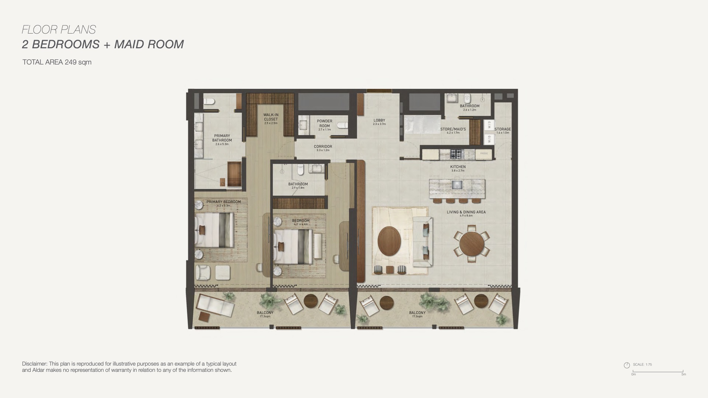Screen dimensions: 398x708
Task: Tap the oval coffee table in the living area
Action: pyautogui.click(x=389, y=241)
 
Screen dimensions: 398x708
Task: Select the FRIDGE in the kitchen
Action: pyautogui.click(x=484, y=154)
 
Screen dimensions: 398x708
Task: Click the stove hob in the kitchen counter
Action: pyautogui.click(x=457, y=154)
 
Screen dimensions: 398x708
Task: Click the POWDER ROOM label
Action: pyautogui.click(x=324, y=123)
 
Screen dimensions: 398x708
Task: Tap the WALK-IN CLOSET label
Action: pyautogui.click(x=271, y=117)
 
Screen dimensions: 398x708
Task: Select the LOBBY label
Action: pyautogui.click(x=379, y=121)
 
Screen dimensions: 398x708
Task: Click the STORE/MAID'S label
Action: pyautogui.click(x=453, y=129)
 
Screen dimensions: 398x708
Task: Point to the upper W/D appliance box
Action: pyautogui.click(x=489, y=124)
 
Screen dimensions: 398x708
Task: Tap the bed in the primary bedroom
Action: pyautogui.click(x=214, y=230)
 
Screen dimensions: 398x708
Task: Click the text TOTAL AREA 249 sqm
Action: pyautogui.click(x=57, y=62)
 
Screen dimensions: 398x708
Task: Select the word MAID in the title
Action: pyautogui.click(x=129, y=44)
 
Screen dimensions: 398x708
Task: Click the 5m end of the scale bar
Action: pyautogui.click(x=683, y=371)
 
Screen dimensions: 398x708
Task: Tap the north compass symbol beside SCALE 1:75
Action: pyautogui.click(x=627, y=365)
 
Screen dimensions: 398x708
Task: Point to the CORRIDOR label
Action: pyautogui.click(x=323, y=147)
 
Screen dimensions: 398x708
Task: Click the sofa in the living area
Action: pyautogui.click(x=423, y=241)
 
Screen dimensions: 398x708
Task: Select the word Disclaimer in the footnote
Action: pyautogui.click(x=35, y=364)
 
